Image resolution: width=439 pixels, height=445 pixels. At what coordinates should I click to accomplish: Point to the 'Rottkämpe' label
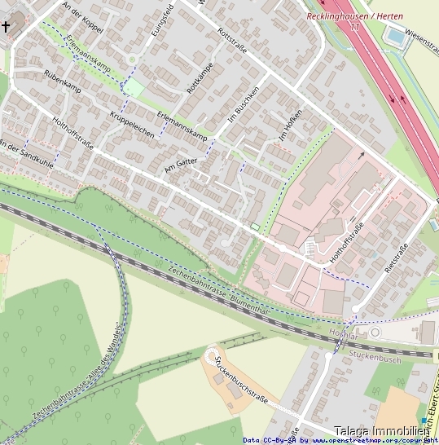[x=200, y=77]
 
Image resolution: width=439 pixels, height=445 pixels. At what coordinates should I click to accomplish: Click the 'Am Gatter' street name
[x=181, y=165]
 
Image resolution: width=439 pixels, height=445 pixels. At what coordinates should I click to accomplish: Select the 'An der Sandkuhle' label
[x=26, y=155]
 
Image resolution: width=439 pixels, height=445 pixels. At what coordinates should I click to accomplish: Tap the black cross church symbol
[x=7, y=27]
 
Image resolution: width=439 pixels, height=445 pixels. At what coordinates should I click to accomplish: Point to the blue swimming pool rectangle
[x=396, y=36]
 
